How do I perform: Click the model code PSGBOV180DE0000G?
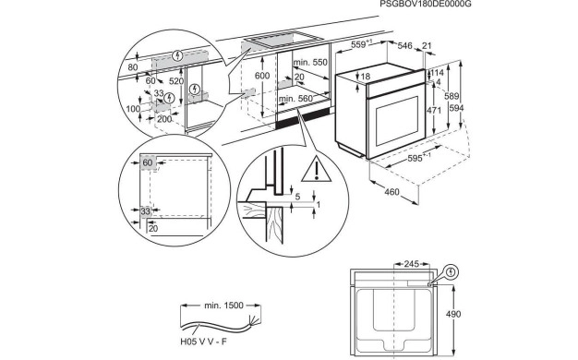[x=426, y=4]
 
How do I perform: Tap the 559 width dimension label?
[x=358, y=44]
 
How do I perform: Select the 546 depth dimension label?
[x=404, y=45]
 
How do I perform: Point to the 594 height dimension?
[x=456, y=108]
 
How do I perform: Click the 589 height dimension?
[x=452, y=96]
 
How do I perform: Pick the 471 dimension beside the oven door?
[x=434, y=110]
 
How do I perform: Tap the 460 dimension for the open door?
[x=391, y=192]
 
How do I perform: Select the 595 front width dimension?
[x=415, y=159]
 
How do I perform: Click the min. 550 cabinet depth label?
[x=310, y=62]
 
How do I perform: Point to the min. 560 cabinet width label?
[x=295, y=99]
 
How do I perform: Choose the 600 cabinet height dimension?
[x=262, y=76]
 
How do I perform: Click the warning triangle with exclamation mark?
[x=317, y=170]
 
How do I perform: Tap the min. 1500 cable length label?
[x=223, y=306]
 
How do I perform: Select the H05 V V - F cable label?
[x=203, y=342]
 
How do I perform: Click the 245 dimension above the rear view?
[x=412, y=264]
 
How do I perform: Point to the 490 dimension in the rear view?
[x=453, y=315]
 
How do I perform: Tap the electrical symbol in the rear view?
[x=451, y=272]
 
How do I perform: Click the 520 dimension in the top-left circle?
[x=176, y=81]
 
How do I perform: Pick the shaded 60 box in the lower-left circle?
[x=148, y=162]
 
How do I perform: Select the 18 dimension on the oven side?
[x=366, y=77]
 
